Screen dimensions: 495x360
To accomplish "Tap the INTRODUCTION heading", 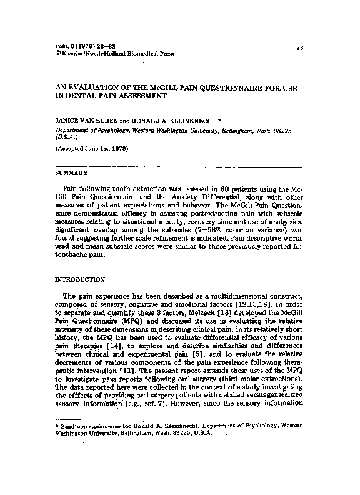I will pos(80,281).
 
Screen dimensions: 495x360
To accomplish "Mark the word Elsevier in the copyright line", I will pos(74,54).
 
